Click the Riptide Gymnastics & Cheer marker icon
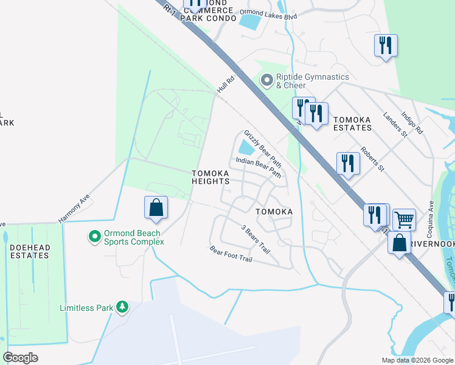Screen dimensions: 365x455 266,80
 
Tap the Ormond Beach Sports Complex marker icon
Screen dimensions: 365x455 94,236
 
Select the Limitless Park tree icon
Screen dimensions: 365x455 122,307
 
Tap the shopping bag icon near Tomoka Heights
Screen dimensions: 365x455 156,207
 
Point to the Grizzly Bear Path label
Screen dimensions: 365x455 263,148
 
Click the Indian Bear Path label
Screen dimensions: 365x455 258,169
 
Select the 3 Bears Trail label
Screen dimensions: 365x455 254,238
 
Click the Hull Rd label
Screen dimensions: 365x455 225,85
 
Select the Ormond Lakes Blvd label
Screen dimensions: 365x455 268,14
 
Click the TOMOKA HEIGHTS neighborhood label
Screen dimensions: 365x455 210,177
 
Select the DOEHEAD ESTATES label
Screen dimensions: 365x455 29,251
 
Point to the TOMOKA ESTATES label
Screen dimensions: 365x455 353,123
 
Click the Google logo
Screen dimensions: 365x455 20,357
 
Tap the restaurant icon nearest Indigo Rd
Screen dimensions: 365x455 386,46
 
